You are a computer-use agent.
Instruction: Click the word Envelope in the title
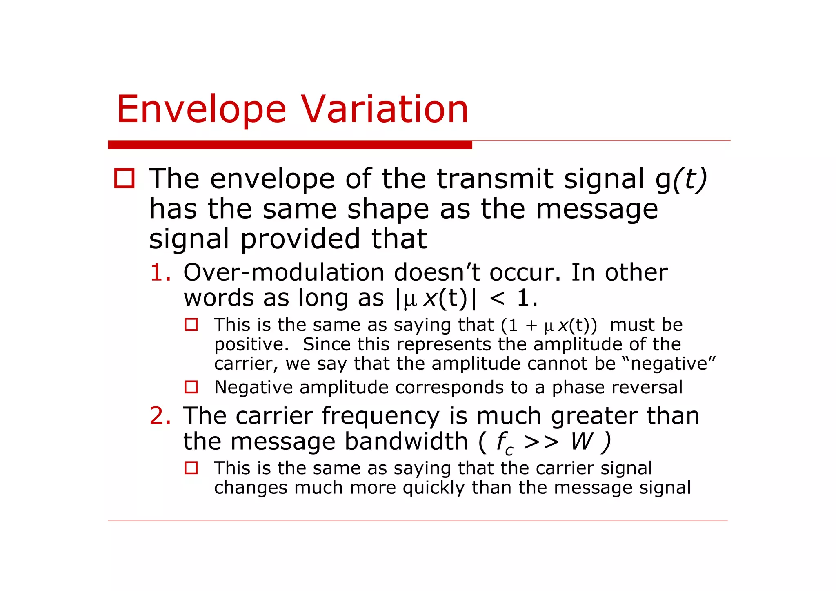[201, 109]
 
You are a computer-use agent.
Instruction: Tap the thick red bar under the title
[290, 145]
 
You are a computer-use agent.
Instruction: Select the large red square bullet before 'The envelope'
[125, 178]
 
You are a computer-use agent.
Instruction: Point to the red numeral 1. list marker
[160, 272]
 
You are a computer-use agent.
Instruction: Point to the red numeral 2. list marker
[160, 416]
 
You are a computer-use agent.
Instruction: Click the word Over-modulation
[284, 272]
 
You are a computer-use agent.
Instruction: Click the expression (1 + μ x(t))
[549, 325]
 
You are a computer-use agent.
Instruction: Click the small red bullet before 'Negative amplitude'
[191, 387]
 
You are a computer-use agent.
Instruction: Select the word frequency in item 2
[380, 417]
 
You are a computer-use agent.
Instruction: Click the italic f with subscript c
[505, 443]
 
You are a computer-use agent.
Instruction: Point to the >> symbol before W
[541, 442]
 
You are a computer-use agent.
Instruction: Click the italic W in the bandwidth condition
[581, 441]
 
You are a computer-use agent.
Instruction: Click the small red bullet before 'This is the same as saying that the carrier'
[191, 468]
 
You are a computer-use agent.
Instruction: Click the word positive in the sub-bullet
[251, 344]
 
